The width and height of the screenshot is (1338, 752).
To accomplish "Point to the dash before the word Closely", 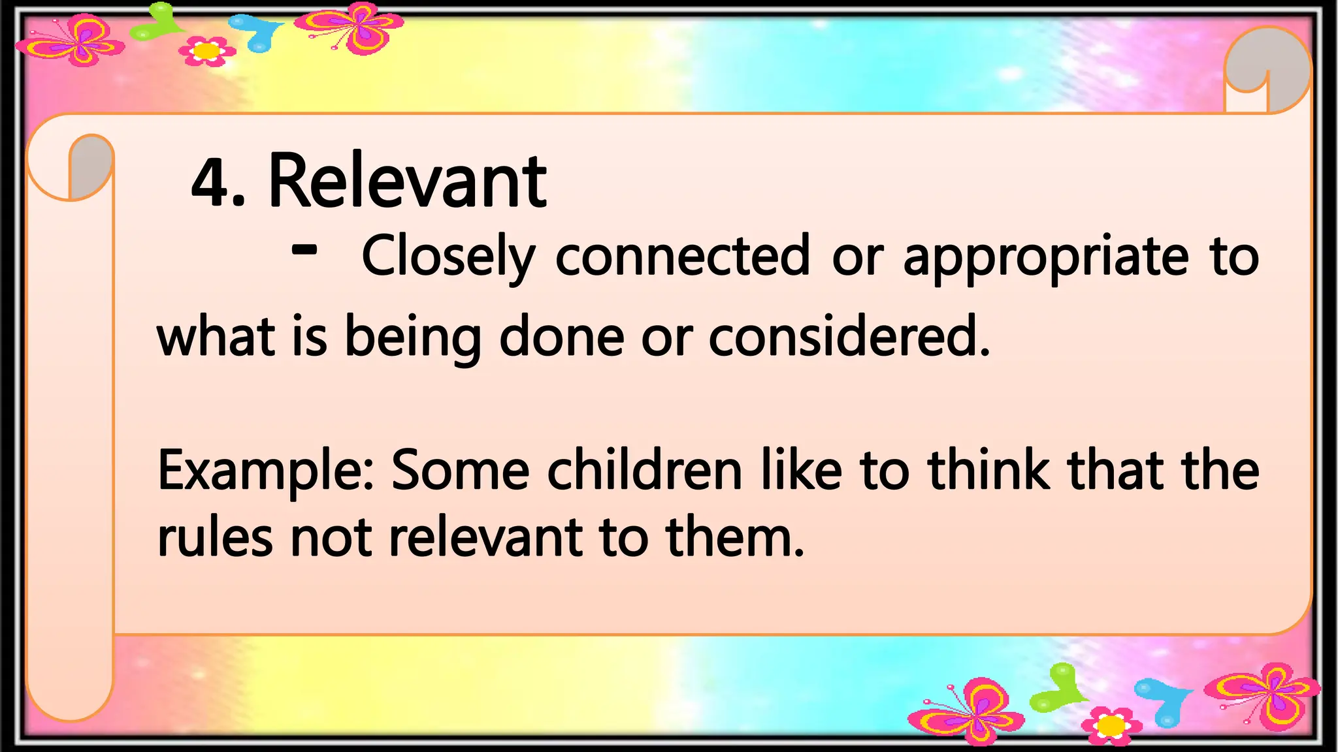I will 304,249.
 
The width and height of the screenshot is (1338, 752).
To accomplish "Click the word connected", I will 683,256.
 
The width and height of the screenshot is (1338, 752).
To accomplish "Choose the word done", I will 561,336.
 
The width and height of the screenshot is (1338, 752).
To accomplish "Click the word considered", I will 849,336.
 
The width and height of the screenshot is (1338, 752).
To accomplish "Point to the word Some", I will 460,470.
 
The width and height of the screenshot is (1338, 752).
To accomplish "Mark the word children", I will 644,470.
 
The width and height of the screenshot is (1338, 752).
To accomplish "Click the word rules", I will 215,538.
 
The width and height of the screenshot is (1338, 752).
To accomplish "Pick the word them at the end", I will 734,538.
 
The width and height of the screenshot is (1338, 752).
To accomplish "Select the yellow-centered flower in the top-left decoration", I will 207,51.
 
